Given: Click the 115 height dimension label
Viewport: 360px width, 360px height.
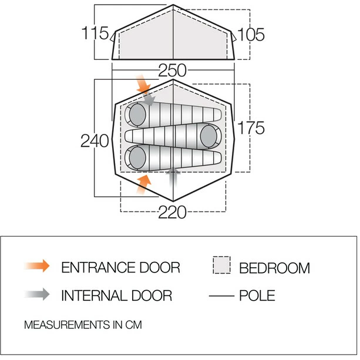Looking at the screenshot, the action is coord(95,33).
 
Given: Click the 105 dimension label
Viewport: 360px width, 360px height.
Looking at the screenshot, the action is coord(251,35).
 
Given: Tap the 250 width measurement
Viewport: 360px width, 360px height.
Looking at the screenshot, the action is coord(173,70).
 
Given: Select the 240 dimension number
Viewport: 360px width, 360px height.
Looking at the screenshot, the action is coord(95,141).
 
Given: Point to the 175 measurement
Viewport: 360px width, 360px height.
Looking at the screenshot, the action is coord(251,127).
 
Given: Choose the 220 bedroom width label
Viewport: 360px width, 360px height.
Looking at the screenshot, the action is coord(173,212).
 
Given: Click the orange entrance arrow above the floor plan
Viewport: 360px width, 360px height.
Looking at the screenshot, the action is coord(143,84).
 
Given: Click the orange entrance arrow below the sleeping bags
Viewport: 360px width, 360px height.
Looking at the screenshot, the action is coord(144,184).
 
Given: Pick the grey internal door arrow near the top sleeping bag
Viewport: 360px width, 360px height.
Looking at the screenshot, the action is coord(149,99).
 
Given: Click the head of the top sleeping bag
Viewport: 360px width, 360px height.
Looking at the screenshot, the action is coord(137,115).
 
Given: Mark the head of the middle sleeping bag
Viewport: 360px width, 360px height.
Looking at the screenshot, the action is coord(208,136).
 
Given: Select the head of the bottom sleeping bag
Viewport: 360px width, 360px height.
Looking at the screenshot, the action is coord(137,158).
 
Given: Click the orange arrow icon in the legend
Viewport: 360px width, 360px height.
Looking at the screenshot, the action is coord(37,266).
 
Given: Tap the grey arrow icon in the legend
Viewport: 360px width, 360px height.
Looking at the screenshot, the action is coord(37,294).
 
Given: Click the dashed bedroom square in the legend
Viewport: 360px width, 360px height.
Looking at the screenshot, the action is coord(221,265).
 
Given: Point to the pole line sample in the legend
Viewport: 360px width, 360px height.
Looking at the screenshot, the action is coord(221,296).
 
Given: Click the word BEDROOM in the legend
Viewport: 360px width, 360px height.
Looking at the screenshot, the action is coord(275,268).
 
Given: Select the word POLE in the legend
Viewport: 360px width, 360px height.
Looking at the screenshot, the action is coord(257,295).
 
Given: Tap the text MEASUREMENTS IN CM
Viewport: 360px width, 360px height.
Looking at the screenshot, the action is coord(83,325).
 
